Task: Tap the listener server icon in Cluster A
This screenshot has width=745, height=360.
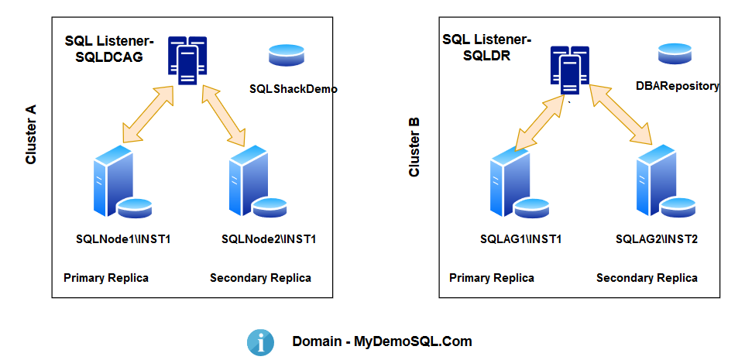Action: (187, 58)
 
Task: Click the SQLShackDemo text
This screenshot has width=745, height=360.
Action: (293, 89)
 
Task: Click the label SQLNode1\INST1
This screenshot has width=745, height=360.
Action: (123, 238)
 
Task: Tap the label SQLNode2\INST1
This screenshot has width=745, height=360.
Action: (268, 238)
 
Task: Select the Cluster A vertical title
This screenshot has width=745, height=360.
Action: (32, 135)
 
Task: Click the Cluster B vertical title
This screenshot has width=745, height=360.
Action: (414, 147)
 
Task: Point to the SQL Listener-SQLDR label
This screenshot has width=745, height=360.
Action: (486, 48)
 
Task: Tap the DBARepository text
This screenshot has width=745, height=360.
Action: (677, 86)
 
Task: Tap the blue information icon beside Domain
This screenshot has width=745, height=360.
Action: (260, 341)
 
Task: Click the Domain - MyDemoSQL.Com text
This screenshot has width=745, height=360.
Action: (382, 341)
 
